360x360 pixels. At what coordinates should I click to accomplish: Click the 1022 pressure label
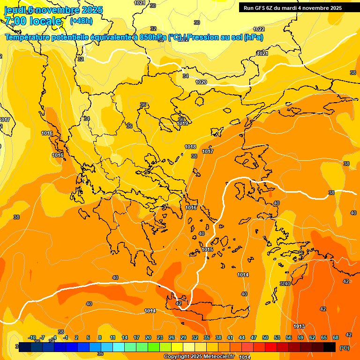click(x=259, y=29)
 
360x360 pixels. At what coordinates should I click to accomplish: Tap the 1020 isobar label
click(x=201, y=82)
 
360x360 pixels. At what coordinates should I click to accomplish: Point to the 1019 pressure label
click(x=183, y=124)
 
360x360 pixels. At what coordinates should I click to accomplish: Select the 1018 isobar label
click(x=190, y=147)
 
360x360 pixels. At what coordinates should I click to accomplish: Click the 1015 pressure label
click(x=208, y=249)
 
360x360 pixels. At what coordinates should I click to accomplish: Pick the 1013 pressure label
click(x=299, y=326)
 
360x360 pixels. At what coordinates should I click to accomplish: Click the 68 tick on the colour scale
click(x=336, y=337)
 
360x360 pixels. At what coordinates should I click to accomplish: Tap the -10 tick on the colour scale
click(x=32, y=337)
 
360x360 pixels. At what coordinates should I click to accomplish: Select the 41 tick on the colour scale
click(x=230, y=337)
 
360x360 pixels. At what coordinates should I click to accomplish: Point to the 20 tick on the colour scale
click(x=148, y=337)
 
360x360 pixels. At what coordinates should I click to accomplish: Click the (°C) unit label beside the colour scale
click(x=344, y=348)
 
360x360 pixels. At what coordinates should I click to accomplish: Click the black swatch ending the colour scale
click(x=330, y=347)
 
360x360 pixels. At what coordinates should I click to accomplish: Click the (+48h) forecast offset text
click(x=81, y=21)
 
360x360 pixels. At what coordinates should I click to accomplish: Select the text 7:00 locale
click(x=33, y=21)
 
